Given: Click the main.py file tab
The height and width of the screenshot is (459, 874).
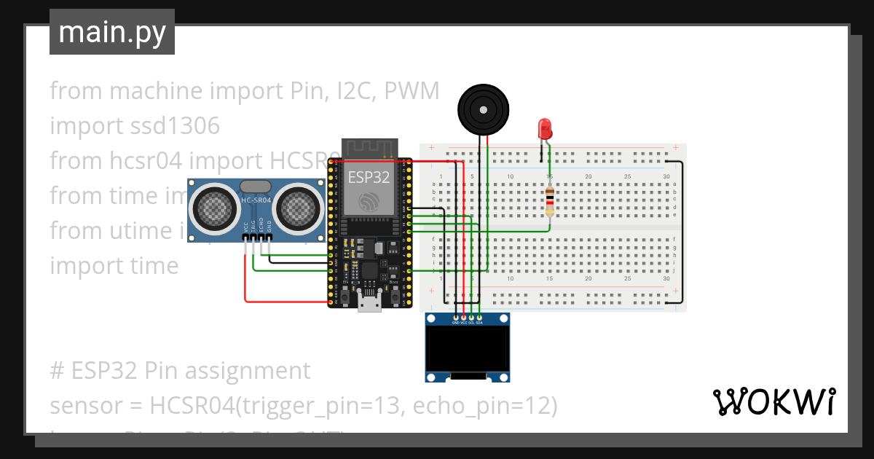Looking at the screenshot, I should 112,32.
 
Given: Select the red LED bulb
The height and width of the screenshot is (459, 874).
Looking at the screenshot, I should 544,129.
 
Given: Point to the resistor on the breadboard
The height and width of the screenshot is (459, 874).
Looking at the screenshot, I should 550,201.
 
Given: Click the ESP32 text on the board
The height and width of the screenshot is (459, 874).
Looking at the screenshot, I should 368,177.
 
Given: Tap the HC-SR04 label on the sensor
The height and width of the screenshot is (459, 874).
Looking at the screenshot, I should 256,200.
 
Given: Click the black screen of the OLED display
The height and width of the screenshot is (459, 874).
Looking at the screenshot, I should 467,348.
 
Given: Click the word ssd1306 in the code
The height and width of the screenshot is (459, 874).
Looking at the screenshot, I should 176,126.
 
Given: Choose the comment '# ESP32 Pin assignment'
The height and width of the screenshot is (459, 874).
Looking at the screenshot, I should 180,371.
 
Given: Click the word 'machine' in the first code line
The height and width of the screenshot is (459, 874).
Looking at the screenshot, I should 155,91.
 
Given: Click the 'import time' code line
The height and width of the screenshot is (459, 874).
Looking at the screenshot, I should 114,266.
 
